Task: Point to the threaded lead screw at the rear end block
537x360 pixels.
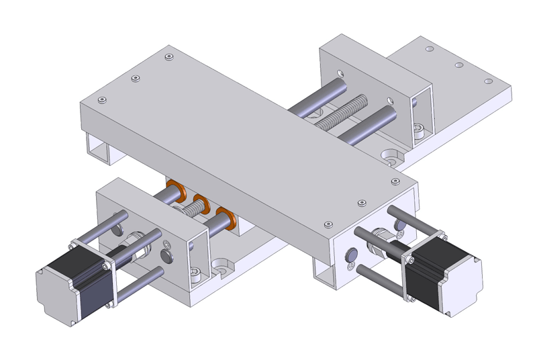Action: pyautogui.click(x=342, y=113)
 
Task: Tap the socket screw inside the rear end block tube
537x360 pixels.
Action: pyautogui.click(x=420, y=129)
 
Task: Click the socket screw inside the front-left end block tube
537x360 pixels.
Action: pyautogui.click(x=194, y=273)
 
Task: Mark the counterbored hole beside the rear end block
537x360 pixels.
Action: pyautogui.click(x=391, y=155)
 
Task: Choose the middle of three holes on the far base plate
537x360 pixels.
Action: pyautogui.click(x=459, y=66)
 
